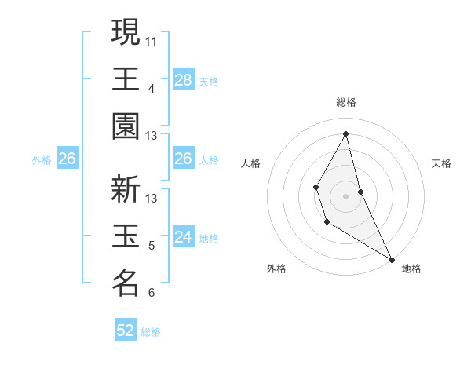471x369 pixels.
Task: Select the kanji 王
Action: click(126, 79)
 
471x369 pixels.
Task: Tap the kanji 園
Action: click(126, 126)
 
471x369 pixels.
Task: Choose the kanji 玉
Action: click(126, 236)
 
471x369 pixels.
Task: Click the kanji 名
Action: click(126, 283)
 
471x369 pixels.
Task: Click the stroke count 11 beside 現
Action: click(152, 39)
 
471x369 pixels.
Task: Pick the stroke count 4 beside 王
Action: click(152, 87)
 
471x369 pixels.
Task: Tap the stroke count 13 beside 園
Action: click(152, 136)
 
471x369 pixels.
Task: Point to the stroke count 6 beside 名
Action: click(152, 293)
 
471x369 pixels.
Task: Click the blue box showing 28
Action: click(183, 79)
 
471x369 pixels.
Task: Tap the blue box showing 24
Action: click(183, 237)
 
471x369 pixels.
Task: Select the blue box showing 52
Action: click(126, 331)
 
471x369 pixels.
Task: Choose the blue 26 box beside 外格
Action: click(67, 159)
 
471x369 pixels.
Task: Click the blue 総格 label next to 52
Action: click(151, 332)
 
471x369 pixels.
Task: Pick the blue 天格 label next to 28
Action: click(209, 81)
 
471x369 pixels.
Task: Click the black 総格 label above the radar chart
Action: click(346, 102)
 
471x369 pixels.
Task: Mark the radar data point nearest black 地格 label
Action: click(392, 259)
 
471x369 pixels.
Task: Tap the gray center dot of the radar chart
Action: click(345, 195)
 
